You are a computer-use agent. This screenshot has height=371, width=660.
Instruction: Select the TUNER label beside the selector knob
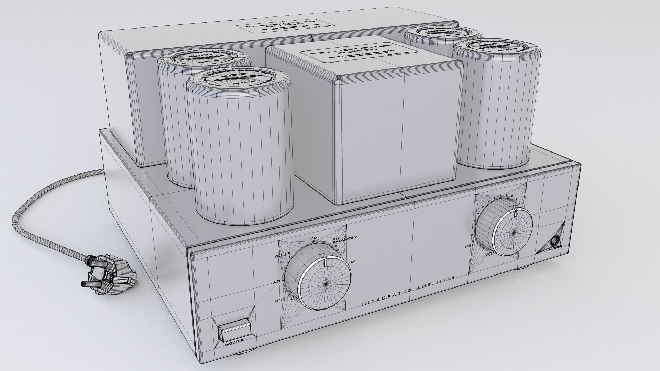282,257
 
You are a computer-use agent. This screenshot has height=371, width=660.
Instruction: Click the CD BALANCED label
345,239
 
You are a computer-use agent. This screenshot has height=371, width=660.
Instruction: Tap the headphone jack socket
554,241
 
